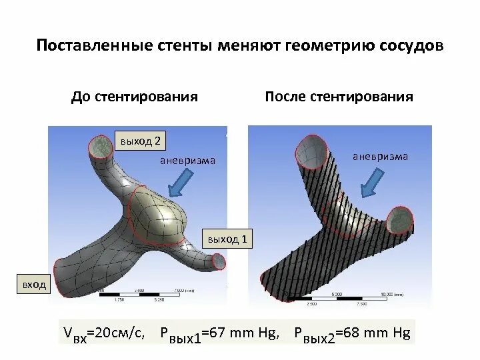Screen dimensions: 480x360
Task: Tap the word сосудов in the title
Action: [409, 46]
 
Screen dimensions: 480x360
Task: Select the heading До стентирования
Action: [135, 97]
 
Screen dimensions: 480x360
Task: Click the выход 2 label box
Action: [140, 141]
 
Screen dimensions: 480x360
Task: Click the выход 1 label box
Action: [228, 239]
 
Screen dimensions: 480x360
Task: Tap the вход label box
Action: [34, 285]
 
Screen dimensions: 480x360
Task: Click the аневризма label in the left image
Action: [187, 162]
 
